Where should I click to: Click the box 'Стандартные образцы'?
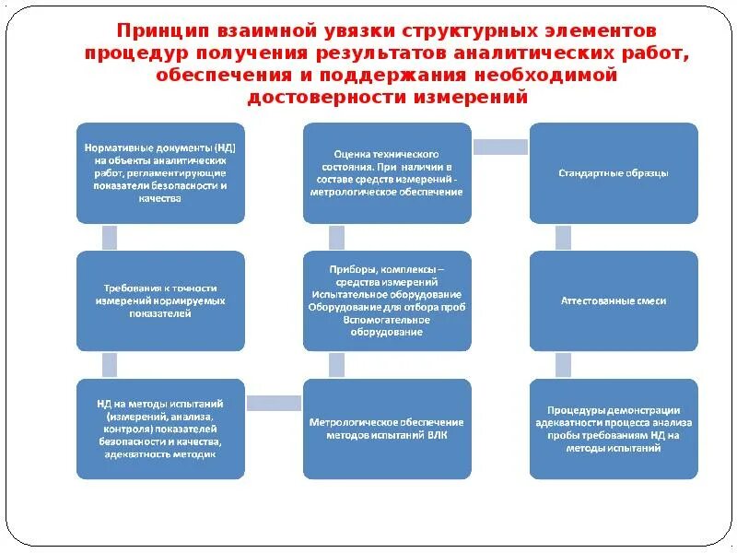[x=614, y=172]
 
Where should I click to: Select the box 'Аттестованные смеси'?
[x=614, y=300]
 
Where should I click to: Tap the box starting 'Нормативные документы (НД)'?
[x=160, y=172]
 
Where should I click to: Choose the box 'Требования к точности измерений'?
[x=160, y=300]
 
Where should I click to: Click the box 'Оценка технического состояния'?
[x=387, y=172]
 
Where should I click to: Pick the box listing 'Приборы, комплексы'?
[x=387, y=300]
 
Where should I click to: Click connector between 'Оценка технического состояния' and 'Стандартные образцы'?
[x=500, y=146]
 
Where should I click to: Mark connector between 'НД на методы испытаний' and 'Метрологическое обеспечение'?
[x=274, y=403]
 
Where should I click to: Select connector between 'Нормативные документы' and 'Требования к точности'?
[x=109, y=237]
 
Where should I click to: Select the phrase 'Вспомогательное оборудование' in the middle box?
[x=387, y=325]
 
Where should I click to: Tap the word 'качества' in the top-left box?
[x=160, y=198]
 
